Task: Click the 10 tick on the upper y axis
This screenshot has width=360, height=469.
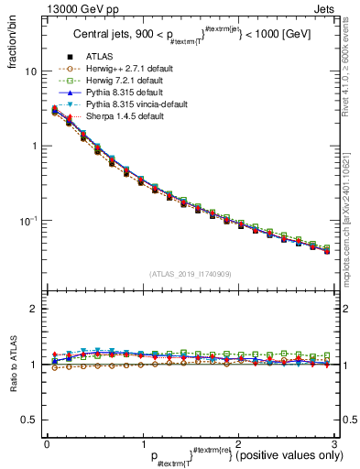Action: click(x=30, y=71)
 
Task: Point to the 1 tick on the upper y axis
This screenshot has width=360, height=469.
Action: click(x=33, y=147)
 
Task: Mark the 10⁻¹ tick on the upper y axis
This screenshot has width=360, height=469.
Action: click(x=28, y=221)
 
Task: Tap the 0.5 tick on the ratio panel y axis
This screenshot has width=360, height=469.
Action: click(x=29, y=420)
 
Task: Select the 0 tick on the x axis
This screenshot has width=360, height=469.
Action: click(x=47, y=444)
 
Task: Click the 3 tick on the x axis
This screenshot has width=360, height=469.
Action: click(x=334, y=444)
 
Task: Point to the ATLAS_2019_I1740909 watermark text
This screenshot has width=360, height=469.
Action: click(x=191, y=274)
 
